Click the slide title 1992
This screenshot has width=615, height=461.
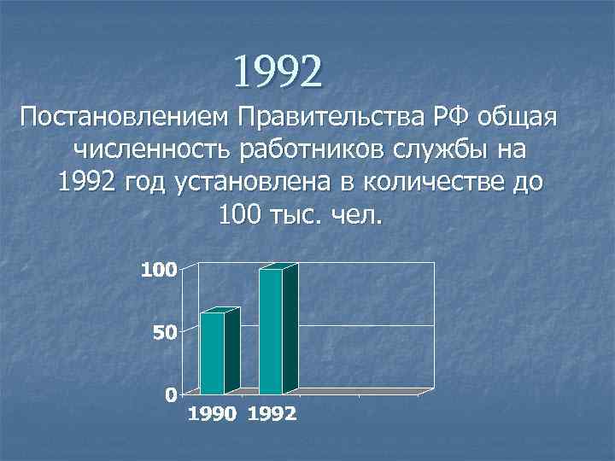pyautogui.click(x=279, y=73)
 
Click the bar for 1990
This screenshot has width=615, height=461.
pyautogui.click(x=214, y=352)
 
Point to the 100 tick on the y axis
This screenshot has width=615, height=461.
pyautogui.click(x=159, y=271)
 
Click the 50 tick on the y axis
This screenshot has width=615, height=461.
pyautogui.click(x=165, y=332)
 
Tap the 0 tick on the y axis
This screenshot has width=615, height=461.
pyautogui.click(x=171, y=394)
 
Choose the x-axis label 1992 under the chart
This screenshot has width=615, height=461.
pyautogui.click(x=272, y=415)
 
